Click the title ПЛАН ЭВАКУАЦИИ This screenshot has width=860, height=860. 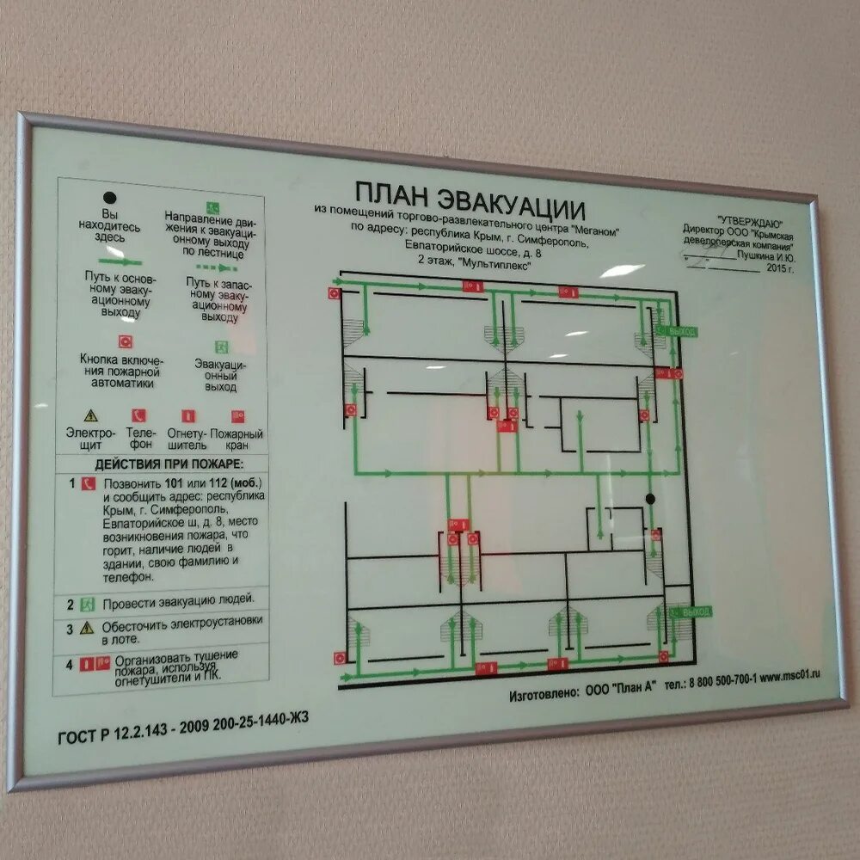point(470,201)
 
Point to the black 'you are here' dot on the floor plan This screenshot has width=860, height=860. point(650,499)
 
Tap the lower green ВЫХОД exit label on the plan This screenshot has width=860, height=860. point(692,611)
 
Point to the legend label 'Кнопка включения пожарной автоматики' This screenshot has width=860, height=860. point(121,372)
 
